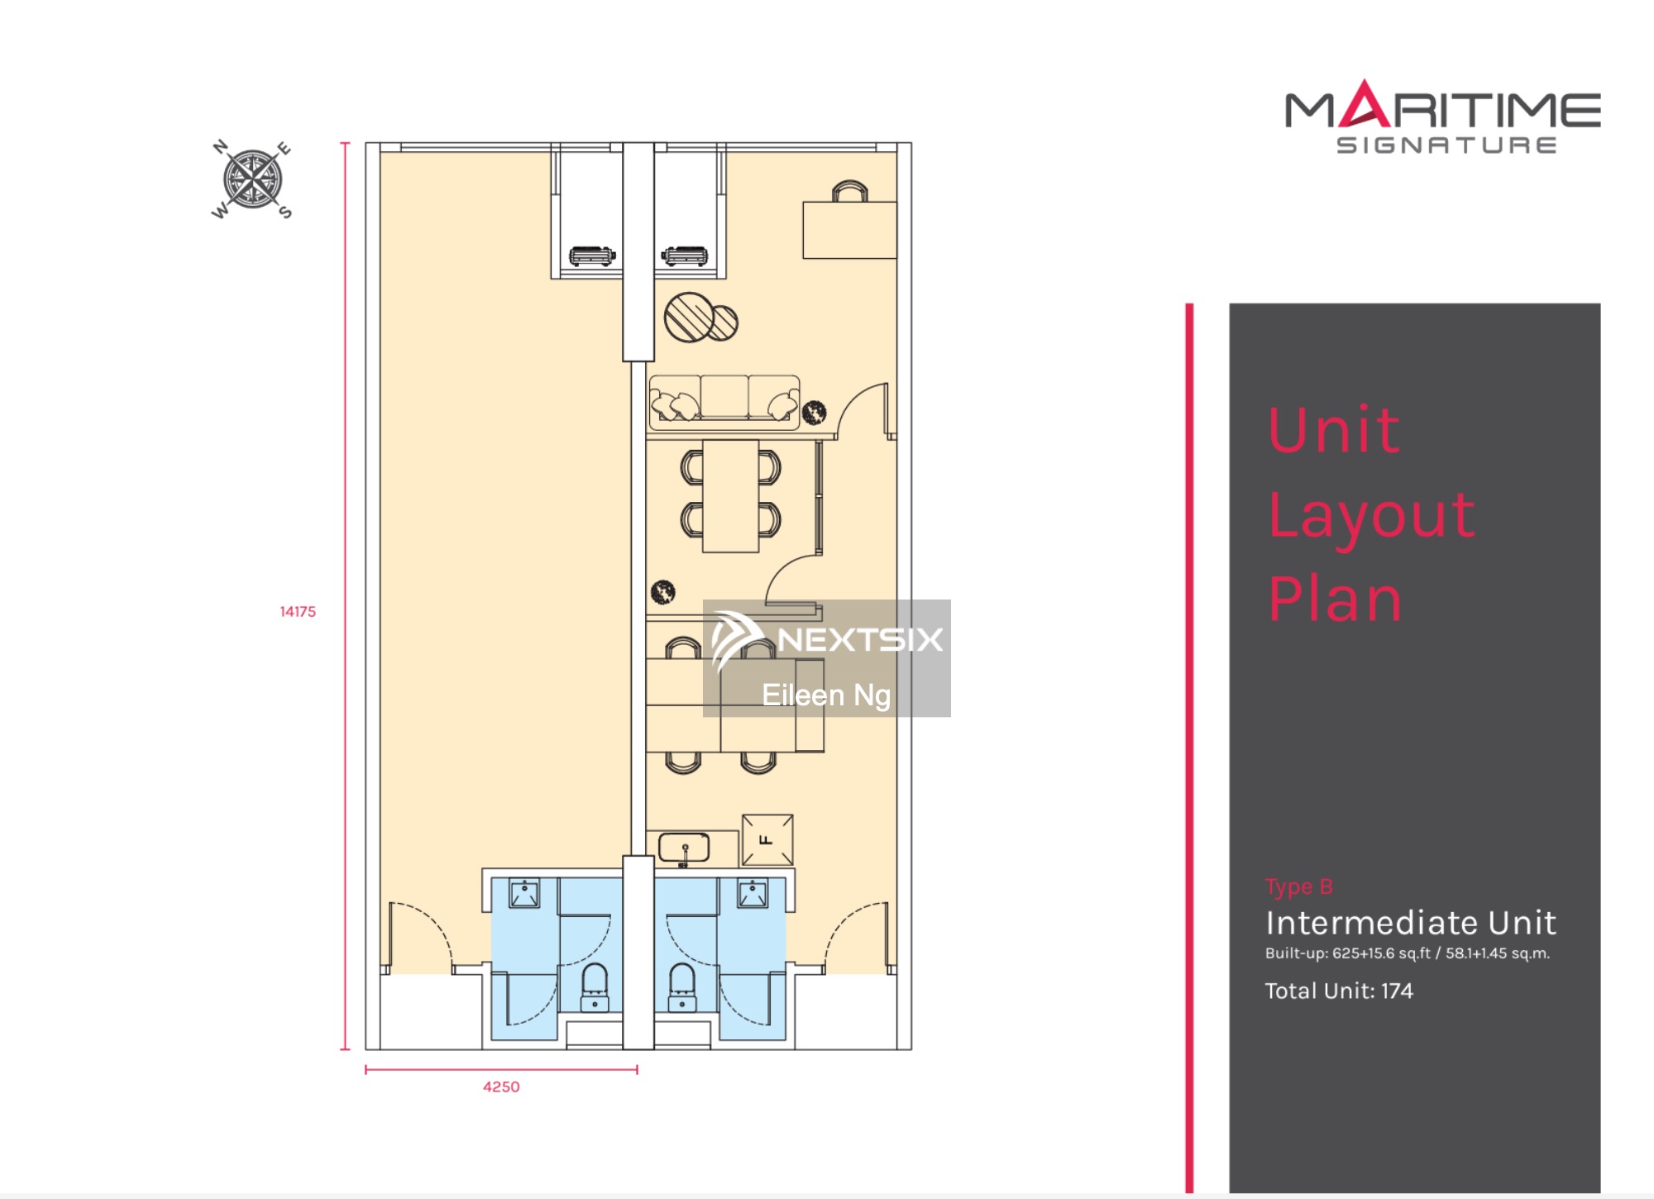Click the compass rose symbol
point(252,179)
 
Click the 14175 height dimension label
point(298,612)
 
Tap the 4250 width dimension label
point(501,1087)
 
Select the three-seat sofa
point(724,403)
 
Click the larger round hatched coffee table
point(689,317)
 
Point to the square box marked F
point(767,840)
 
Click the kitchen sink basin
point(684,848)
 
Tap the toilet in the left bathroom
point(595,986)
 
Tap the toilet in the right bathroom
point(682,986)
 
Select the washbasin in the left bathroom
point(524,893)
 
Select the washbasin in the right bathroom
point(753,893)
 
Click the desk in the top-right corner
point(849,230)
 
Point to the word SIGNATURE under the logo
point(1446,146)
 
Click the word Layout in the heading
point(1371,515)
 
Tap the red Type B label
point(1298,886)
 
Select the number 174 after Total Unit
point(1397,991)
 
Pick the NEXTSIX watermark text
point(860,639)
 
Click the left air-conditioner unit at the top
point(592,256)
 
